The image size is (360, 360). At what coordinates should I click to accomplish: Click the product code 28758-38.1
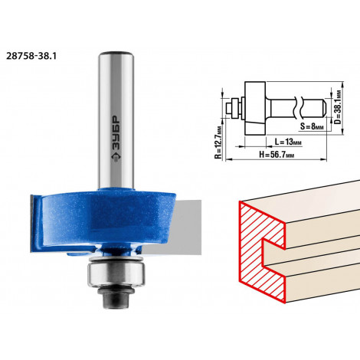31,56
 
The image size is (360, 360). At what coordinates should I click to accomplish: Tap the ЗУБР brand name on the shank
116,133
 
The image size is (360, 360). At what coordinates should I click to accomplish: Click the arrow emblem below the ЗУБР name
116,157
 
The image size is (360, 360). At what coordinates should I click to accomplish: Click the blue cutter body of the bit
102,220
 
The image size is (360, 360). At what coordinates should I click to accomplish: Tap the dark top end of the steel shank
116,54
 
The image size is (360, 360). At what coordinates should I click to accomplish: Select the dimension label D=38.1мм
338,107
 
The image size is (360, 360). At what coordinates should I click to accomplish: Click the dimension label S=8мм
312,126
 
